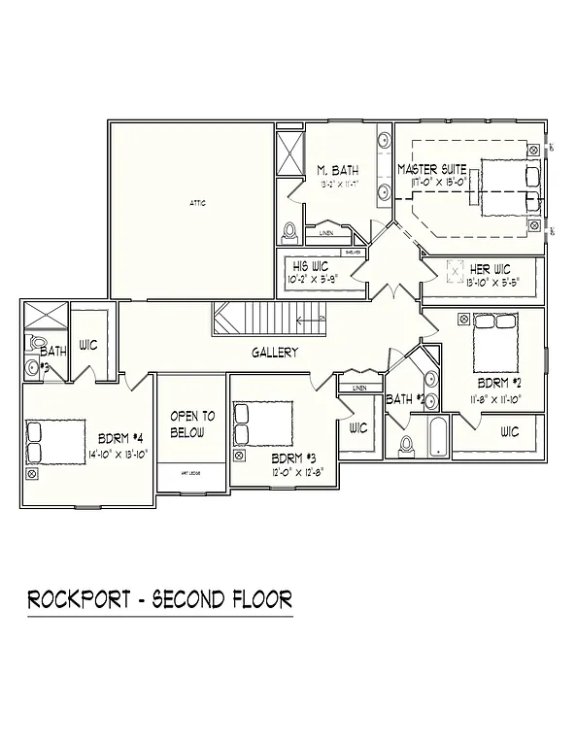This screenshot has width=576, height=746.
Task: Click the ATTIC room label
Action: tap(197, 203)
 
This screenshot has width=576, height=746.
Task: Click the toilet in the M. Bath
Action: tap(288, 234)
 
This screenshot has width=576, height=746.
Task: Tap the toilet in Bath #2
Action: tap(407, 446)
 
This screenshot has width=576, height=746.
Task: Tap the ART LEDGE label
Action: tap(191, 474)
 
